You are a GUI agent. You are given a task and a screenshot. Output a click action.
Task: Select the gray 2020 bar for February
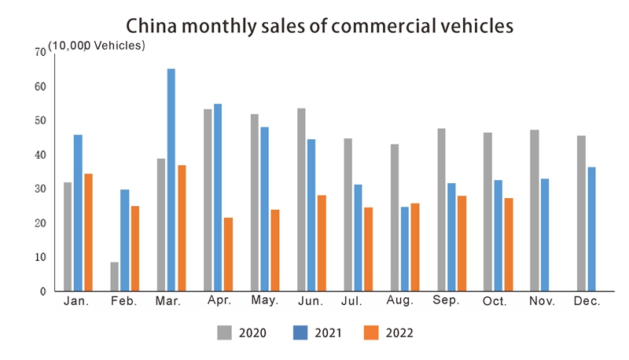click(x=115, y=277)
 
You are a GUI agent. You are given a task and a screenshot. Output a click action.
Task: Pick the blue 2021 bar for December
click(x=591, y=229)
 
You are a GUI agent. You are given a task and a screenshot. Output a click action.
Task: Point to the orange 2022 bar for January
click(x=88, y=232)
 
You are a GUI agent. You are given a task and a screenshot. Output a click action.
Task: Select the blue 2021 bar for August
click(x=404, y=248)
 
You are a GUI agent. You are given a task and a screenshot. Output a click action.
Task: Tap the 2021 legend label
click(x=329, y=333)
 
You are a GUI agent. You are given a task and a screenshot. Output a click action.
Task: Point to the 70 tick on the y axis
click(x=40, y=52)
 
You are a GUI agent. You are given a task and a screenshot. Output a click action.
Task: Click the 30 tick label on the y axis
click(x=40, y=189)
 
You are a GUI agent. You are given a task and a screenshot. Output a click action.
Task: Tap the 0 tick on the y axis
click(x=42, y=292)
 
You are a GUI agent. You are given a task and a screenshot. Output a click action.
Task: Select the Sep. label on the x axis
click(x=447, y=302)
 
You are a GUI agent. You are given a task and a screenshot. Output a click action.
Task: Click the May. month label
click(x=263, y=302)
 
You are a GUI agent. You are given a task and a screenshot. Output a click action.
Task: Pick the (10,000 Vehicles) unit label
click(x=97, y=45)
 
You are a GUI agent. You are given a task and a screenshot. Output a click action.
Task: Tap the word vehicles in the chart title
click(x=476, y=25)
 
